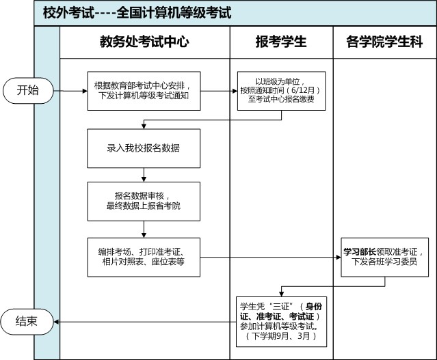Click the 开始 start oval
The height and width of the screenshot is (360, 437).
[x=28, y=90]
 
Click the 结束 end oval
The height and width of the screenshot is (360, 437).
[x=27, y=322]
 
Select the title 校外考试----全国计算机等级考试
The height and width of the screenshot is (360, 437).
[x=137, y=13]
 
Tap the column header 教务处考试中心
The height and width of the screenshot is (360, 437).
[x=144, y=42]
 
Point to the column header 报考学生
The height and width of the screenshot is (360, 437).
[x=281, y=42]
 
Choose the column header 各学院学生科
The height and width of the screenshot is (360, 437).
[x=384, y=42]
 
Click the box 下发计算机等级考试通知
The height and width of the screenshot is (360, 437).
[x=144, y=91]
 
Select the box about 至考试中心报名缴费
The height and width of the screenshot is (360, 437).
[x=282, y=91]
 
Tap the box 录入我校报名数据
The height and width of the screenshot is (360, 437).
[x=144, y=148]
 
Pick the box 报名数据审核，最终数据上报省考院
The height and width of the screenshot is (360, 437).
[x=144, y=202]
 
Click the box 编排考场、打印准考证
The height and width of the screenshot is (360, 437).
[x=144, y=257]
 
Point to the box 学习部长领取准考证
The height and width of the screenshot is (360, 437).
[x=384, y=257]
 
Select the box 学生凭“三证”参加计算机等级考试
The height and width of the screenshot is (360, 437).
[x=282, y=322]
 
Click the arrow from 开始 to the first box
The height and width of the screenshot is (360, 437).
[x=70, y=91]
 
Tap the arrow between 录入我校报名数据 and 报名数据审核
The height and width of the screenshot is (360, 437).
[x=144, y=175]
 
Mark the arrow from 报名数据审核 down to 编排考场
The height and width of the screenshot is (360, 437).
[x=144, y=230]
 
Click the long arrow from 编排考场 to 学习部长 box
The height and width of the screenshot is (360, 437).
[x=271, y=257]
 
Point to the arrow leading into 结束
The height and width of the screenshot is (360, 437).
[x=145, y=322]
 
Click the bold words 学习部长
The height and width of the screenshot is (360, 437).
[x=360, y=252]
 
